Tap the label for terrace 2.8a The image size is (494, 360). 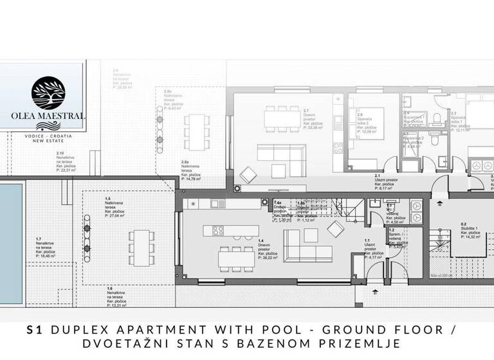[192, 171]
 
